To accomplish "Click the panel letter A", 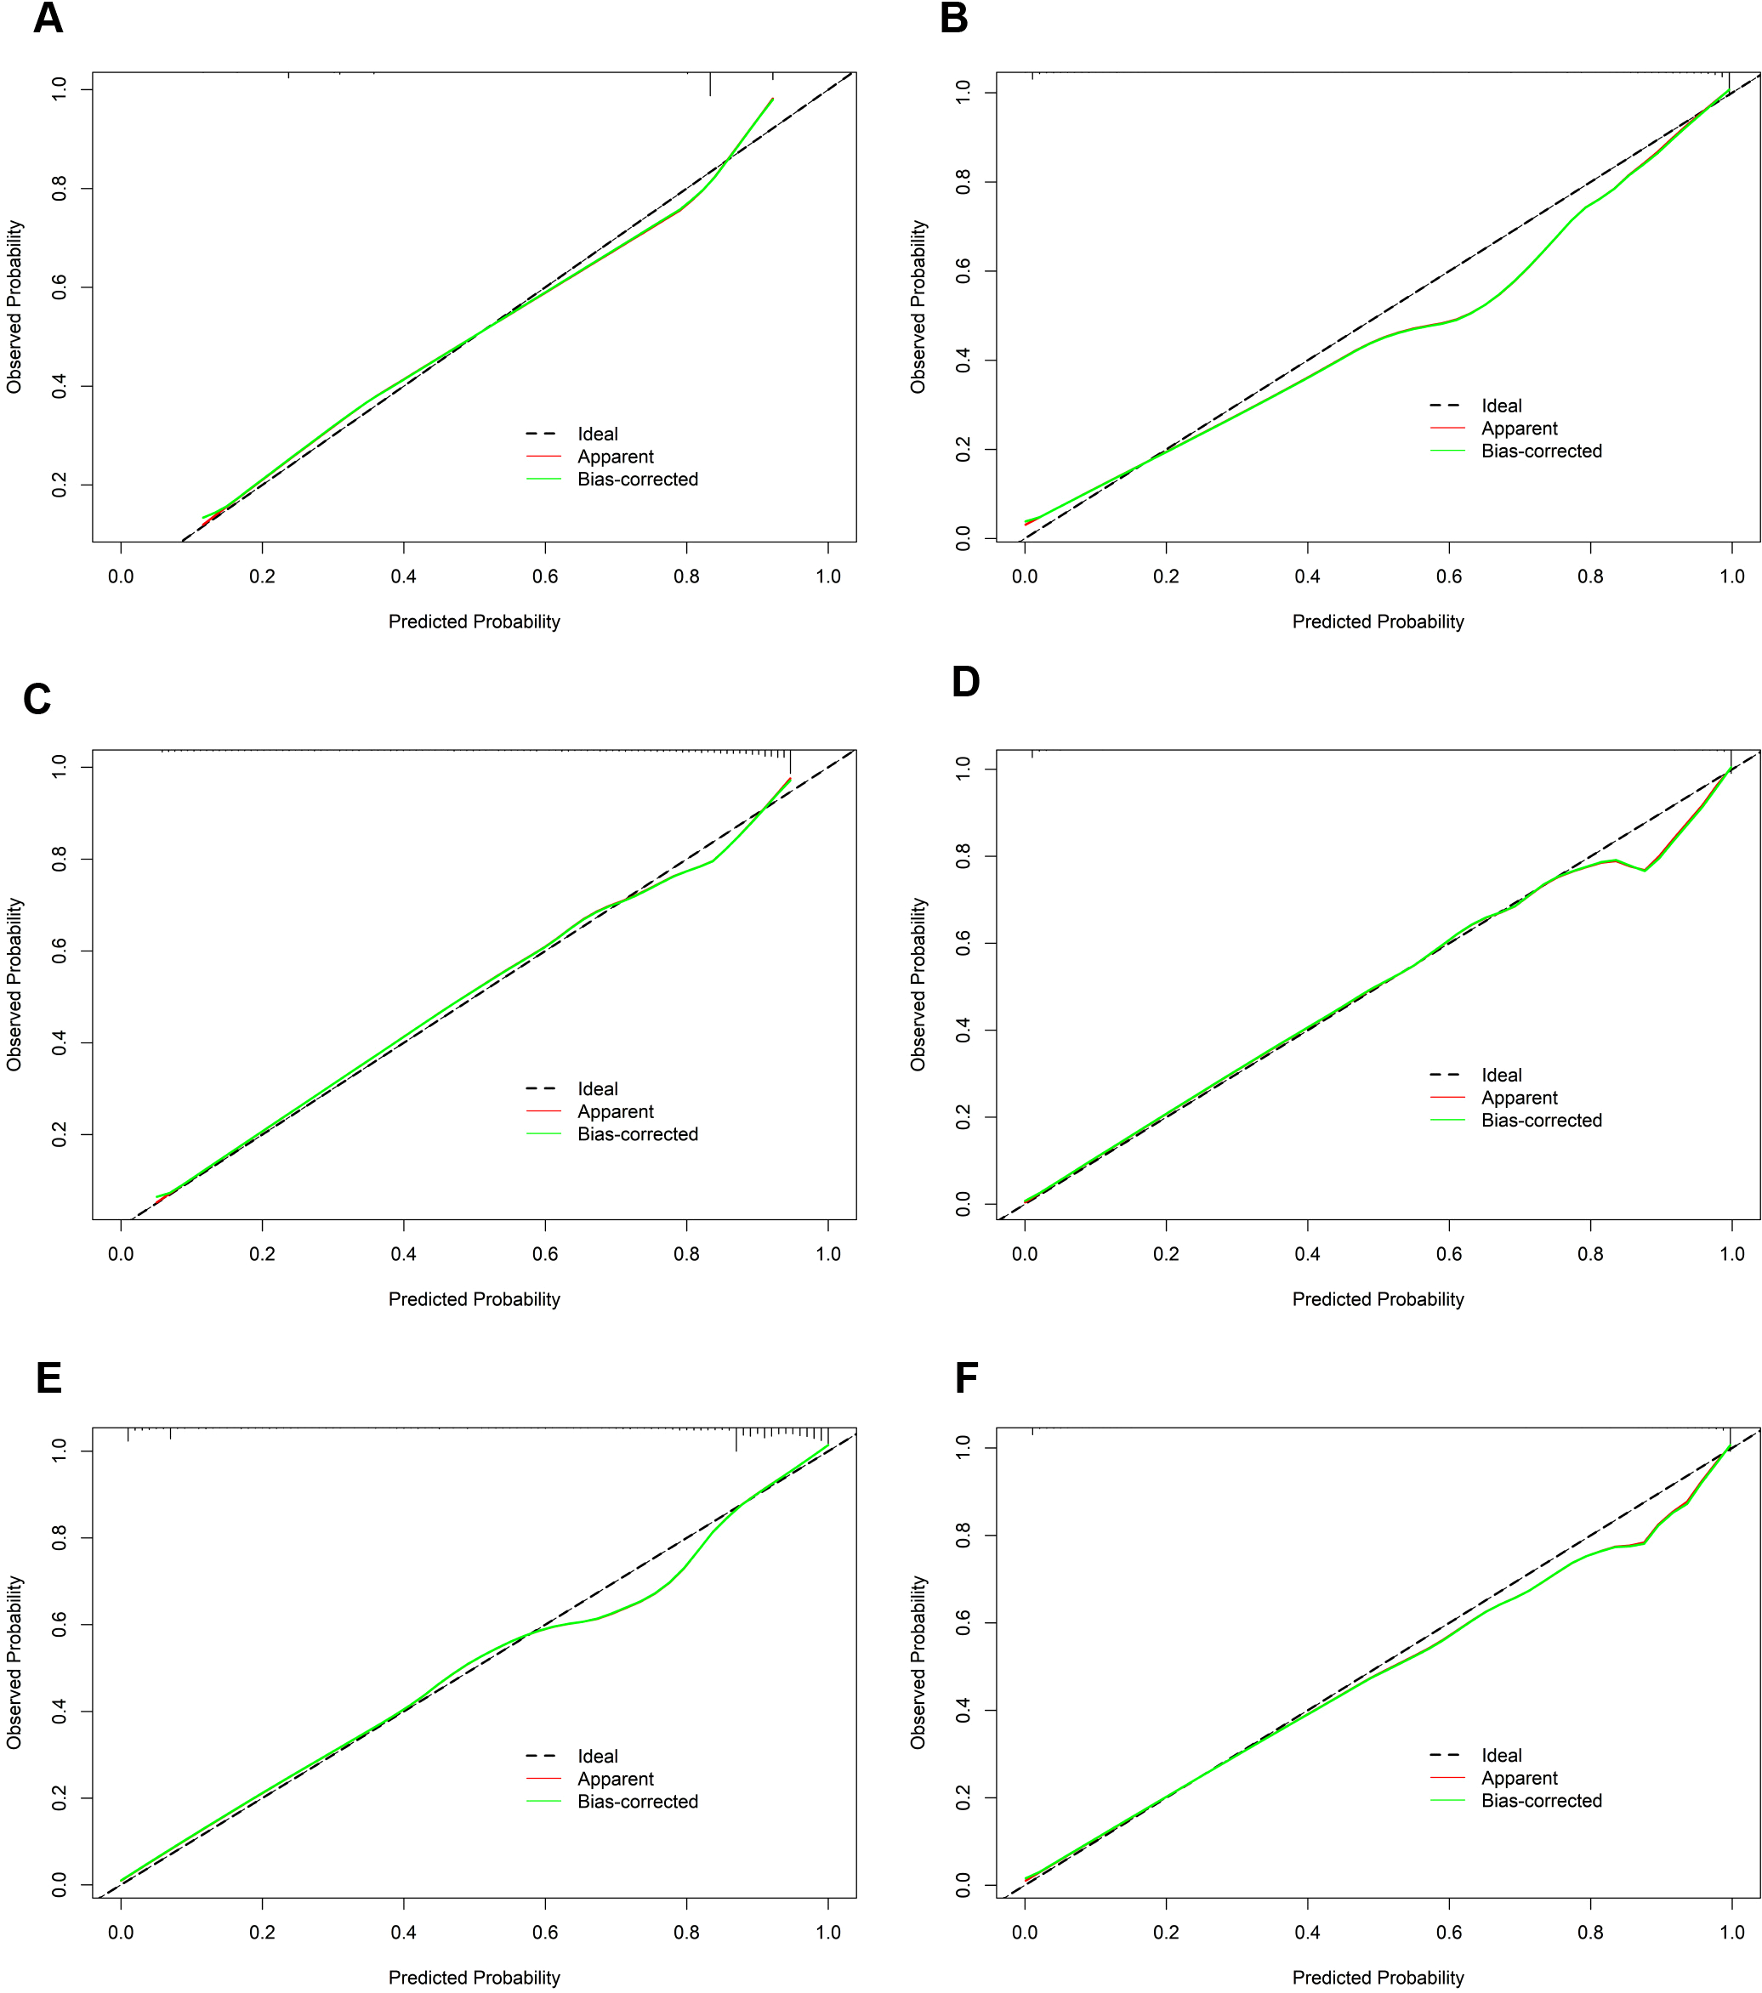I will click(x=48, y=19).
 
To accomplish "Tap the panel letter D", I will click(x=964, y=683).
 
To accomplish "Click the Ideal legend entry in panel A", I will click(x=597, y=434).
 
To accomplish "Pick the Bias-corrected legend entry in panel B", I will click(x=1541, y=451).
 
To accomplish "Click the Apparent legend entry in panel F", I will click(x=1518, y=1779).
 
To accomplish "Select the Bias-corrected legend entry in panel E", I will click(x=637, y=1802).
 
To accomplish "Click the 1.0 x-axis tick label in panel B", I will click(x=1731, y=576).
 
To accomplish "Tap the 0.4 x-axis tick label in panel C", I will click(x=404, y=1254).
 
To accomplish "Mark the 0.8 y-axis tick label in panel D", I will click(x=963, y=857).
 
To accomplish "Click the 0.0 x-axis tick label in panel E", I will click(x=121, y=1932).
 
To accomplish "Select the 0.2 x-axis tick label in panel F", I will click(x=1166, y=1932).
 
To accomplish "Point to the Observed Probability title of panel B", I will click(x=918, y=306).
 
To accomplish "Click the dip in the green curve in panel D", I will click(x=1644, y=870).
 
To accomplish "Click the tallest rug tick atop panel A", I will click(x=710, y=84).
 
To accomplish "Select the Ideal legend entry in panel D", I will click(x=1501, y=1075).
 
